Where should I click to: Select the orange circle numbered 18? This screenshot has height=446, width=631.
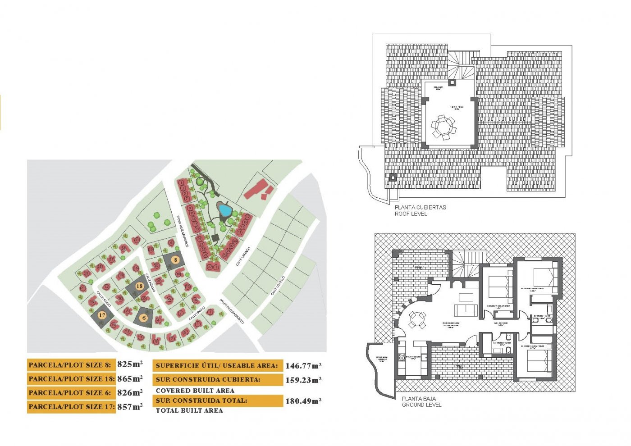[x=139, y=287]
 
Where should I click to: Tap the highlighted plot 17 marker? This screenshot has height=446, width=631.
[x=102, y=315]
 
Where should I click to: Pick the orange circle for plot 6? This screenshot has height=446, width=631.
[x=144, y=318]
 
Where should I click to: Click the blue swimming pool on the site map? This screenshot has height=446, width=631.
[x=224, y=209]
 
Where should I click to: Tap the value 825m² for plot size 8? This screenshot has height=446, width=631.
[x=130, y=364]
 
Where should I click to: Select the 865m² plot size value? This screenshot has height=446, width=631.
[x=130, y=378]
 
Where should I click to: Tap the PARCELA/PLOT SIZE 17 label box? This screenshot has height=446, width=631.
[x=71, y=406]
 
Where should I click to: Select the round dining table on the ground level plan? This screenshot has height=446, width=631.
[x=416, y=321]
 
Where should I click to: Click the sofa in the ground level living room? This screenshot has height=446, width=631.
[x=466, y=310]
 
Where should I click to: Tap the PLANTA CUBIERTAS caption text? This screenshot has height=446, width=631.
[x=420, y=207]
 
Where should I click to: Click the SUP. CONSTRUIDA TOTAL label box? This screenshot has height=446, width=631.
[x=218, y=400]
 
